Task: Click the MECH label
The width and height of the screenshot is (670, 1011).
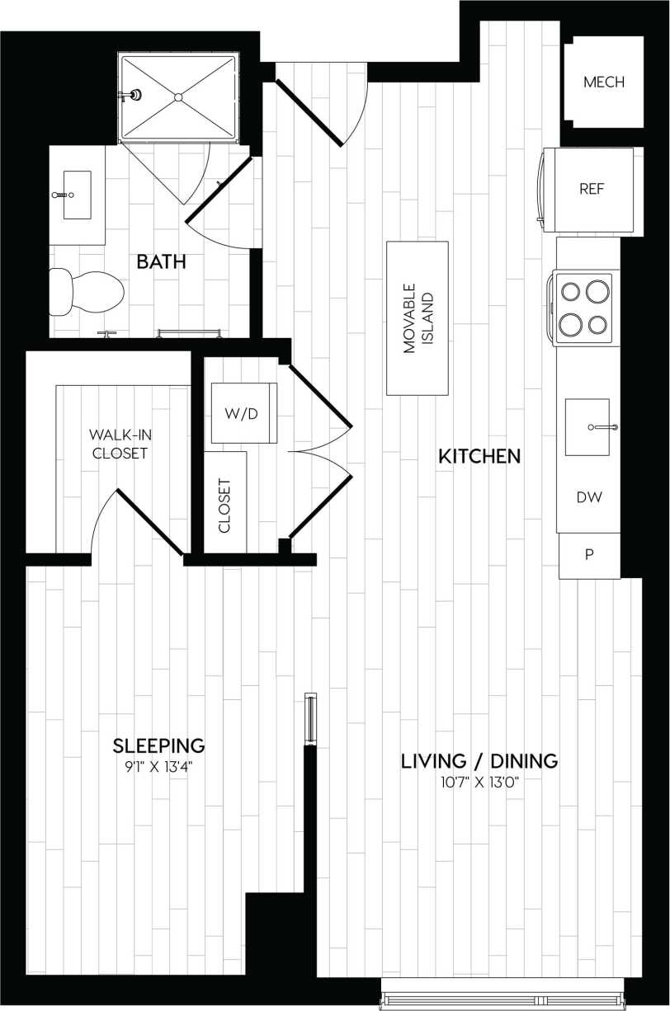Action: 603,82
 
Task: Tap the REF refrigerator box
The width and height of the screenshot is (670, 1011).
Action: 592,189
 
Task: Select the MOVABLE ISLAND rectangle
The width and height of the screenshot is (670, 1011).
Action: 418,318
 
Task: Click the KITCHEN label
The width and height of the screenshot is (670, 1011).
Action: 479,456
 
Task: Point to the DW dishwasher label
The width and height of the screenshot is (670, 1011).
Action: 589,497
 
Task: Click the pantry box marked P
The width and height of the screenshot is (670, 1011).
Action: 589,555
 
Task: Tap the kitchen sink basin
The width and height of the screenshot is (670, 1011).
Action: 587,427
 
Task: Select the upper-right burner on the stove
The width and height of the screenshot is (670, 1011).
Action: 598,291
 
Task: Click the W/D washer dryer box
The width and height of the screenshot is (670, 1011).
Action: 243,413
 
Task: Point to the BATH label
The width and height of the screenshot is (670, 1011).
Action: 161,262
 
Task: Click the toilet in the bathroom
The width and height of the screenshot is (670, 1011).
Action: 86,292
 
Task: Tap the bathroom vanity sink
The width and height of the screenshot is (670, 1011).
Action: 77,195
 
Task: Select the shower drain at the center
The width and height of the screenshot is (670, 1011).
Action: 177,97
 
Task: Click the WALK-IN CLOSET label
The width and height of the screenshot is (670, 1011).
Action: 120,443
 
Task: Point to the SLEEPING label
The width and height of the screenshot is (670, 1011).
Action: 158,746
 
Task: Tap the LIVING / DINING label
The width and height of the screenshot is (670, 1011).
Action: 479,761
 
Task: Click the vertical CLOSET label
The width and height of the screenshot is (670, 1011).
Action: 224,505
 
